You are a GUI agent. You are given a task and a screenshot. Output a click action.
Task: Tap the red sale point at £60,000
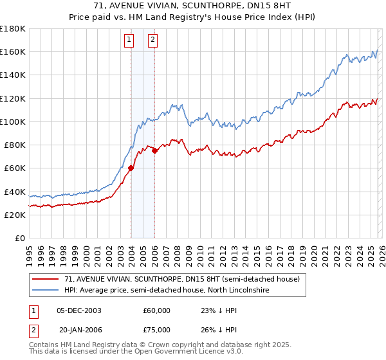coord(131,168)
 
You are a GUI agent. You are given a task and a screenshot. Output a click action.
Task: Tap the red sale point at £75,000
coord(155,150)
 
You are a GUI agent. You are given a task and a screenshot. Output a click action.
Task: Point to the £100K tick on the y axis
coord(13,122)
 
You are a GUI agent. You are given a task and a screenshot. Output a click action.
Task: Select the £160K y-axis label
coord(13,51)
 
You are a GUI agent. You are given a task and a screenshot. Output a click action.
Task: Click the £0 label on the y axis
coord(20,238)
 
